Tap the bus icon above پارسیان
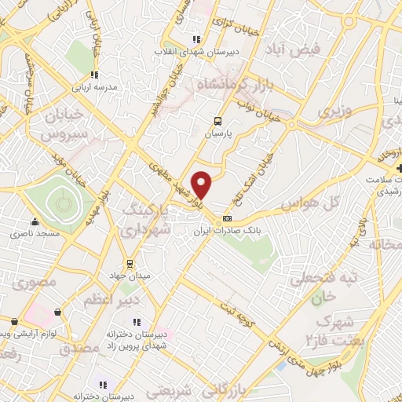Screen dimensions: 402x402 pyautogui.click(x=218, y=121)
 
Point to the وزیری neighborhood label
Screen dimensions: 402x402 pyautogui.click(x=333, y=112)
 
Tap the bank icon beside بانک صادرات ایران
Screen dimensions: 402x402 pyautogui.click(x=228, y=218)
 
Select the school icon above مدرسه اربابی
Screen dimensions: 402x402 pyautogui.click(x=94, y=75)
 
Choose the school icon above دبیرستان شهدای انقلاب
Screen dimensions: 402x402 pyautogui.click(x=196, y=39)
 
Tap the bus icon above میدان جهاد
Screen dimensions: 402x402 pyautogui.click(x=130, y=263)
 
